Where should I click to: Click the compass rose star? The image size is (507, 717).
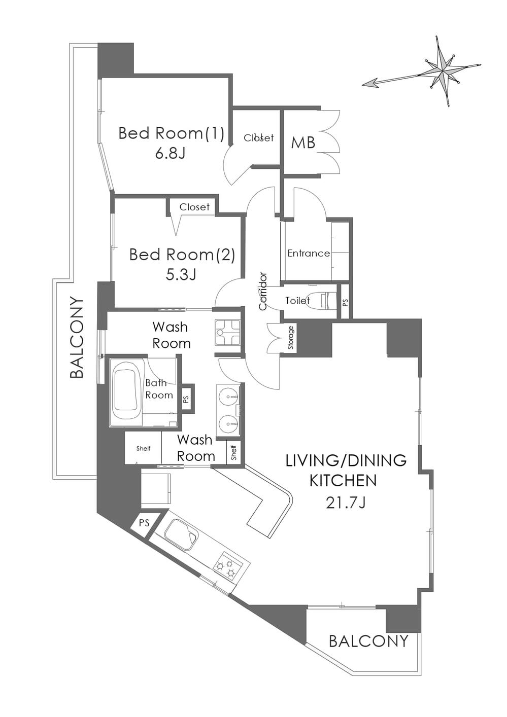pyautogui.click(x=444, y=71)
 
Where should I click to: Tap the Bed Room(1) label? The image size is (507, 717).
pyautogui.click(x=171, y=133)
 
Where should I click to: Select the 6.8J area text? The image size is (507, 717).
pyautogui.click(x=170, y=154)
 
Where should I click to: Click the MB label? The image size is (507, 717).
pyautogui.click(x=303, y=143)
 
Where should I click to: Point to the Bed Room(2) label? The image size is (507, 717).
pyautogui.click(x=182, y=255)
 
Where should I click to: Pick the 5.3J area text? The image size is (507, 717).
pyautogui.click(x=181, y=275)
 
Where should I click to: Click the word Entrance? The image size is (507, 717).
pyautogui.click(x=309, y=254)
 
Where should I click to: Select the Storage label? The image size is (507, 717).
pyautogui.click(x=291, y=337)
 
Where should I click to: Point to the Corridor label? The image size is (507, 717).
pyautogui.click(x=263, y=291)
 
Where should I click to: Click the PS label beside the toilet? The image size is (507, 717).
pyautogui.click(x=345, y=302)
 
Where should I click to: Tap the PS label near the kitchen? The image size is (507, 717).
pyautogui.click(x=144, y=523)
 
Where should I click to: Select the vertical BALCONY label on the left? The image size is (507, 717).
pyautogui.click(x=77, y=338)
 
